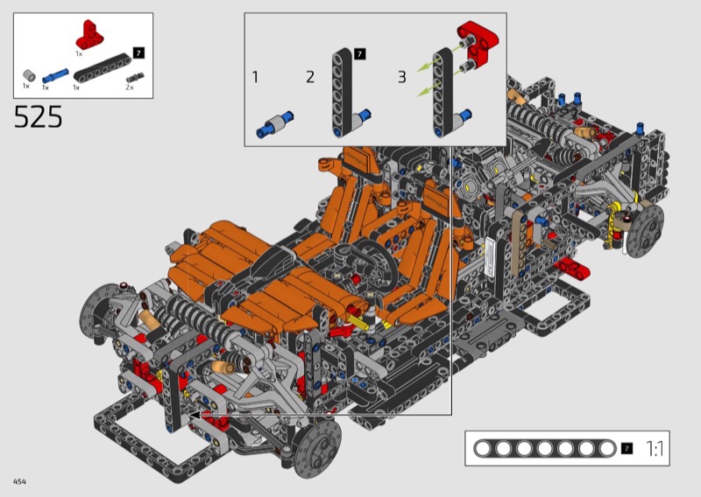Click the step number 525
coord(38,117)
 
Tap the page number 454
coord(19,481)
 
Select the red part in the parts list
coord(89,35)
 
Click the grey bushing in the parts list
coord(29,75)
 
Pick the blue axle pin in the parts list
coord(55,75)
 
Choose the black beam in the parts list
coord(103,67)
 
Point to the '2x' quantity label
coord(129,87)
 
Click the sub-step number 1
coord(255,77)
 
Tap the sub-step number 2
coord(310,77)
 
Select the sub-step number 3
coord(402,77)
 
